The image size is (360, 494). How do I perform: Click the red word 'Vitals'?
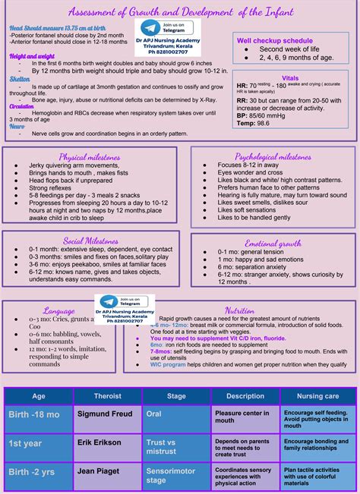(x=290, y=77)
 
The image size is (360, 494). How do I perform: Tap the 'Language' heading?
(x=58, y=311)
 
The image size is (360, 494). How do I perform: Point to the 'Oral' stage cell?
(x=154, y=414)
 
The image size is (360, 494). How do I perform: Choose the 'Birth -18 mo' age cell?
(x=34, y=414)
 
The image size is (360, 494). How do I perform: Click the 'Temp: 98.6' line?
(x=253, y=122)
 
